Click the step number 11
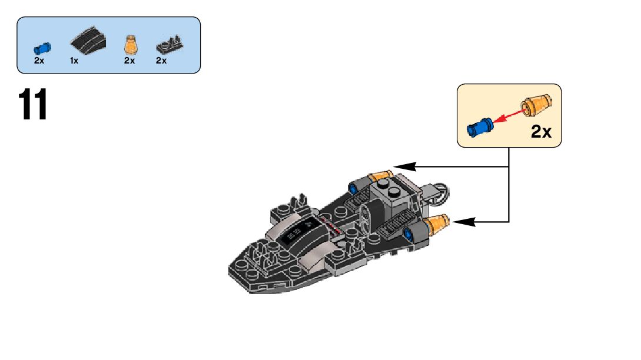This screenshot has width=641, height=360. pyautogui.click(x=33, y=106)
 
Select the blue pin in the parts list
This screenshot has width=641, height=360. pyautogui.click(x=42, y=46)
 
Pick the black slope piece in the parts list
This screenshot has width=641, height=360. pyautogui.click(x=88, y=42)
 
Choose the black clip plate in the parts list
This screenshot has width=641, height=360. pyautogui.click(x=169, y=45)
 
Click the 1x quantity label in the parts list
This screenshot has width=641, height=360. pyautogui.click(x=74, y=61)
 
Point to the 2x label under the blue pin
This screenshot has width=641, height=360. pyautogui.click(x=39, y=61)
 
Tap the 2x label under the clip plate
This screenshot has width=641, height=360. pyautogui.click(x=161, y=61)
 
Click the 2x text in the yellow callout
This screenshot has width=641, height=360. pyautogui.click(x=540, y=132)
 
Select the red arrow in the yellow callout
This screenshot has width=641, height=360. pyautogui.click(x=507, y=116)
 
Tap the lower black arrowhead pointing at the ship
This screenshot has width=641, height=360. pyautogui.click(x=463, y=222)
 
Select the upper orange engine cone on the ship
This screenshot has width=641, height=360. pyautogui.click(x=380, y=175)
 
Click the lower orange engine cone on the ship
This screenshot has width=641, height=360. pyautogui.click(x=439, y=224)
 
